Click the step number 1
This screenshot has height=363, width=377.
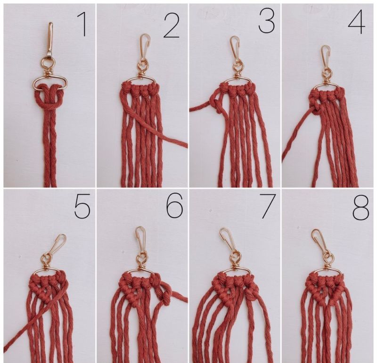[82, 24]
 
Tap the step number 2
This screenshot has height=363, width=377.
[172, 26]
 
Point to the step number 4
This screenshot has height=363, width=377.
[356, 22]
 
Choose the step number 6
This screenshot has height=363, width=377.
[175, 206]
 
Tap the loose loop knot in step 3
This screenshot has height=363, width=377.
[217, 104]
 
